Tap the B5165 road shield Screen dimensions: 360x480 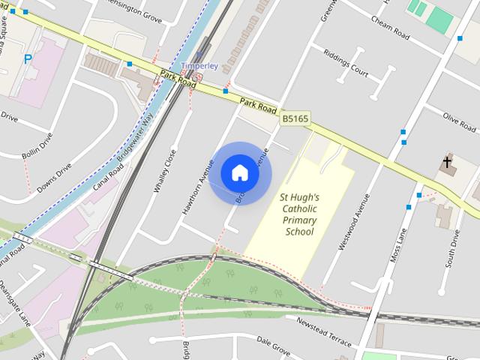coord(295,118)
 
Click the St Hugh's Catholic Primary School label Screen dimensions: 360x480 coord(298,214)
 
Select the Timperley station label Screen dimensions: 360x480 coord(199,66)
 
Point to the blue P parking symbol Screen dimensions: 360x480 coord(28,59)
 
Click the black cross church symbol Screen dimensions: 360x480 coord(448,161)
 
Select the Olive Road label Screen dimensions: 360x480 coord(460,119)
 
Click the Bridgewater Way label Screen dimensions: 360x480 coord(135,138)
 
